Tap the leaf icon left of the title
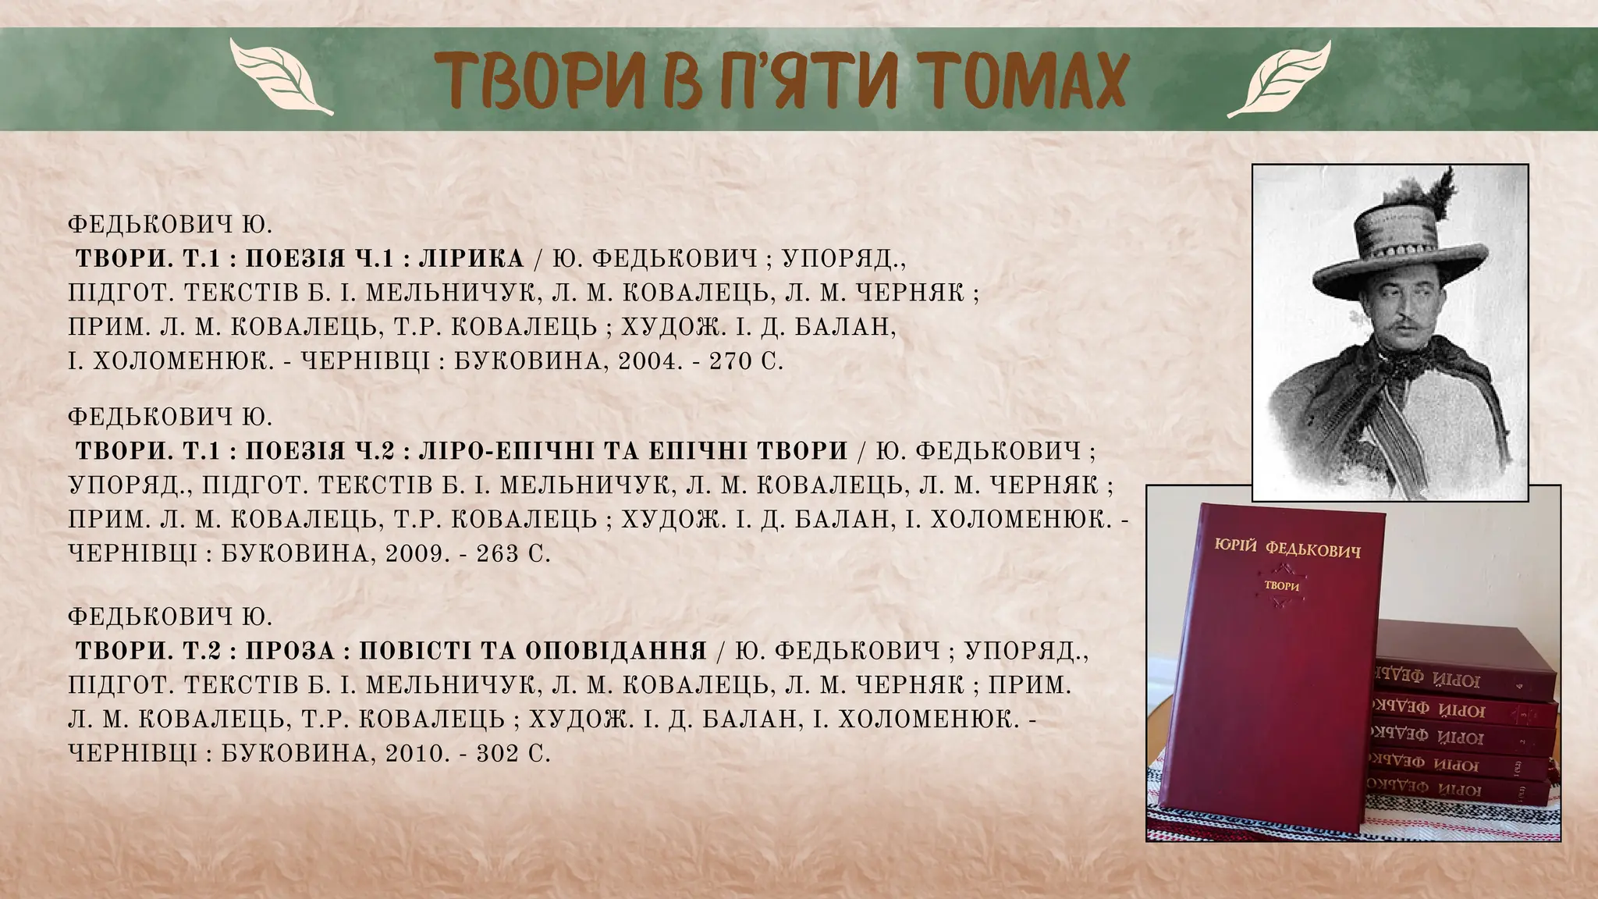coord(282,78)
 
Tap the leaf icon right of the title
coord(1279,78)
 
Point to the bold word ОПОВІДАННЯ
coord(616,651)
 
